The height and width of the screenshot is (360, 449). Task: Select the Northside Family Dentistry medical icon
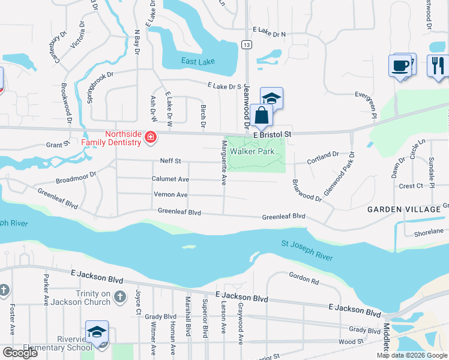(150, 138)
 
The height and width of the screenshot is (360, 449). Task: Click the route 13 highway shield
(246, 44)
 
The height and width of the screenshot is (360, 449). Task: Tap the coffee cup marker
(399, 65)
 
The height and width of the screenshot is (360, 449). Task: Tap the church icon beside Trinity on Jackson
(120, 296)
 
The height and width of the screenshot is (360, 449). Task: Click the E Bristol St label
(272, 135)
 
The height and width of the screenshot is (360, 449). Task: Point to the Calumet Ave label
(170, 179)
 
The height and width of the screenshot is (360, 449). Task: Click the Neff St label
(170, 161)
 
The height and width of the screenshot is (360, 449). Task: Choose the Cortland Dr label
(323, 158)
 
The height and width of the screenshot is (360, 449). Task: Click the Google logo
(19, 353)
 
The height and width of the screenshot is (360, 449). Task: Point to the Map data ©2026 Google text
(412, 355)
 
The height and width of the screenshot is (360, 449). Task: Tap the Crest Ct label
(411, 186)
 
